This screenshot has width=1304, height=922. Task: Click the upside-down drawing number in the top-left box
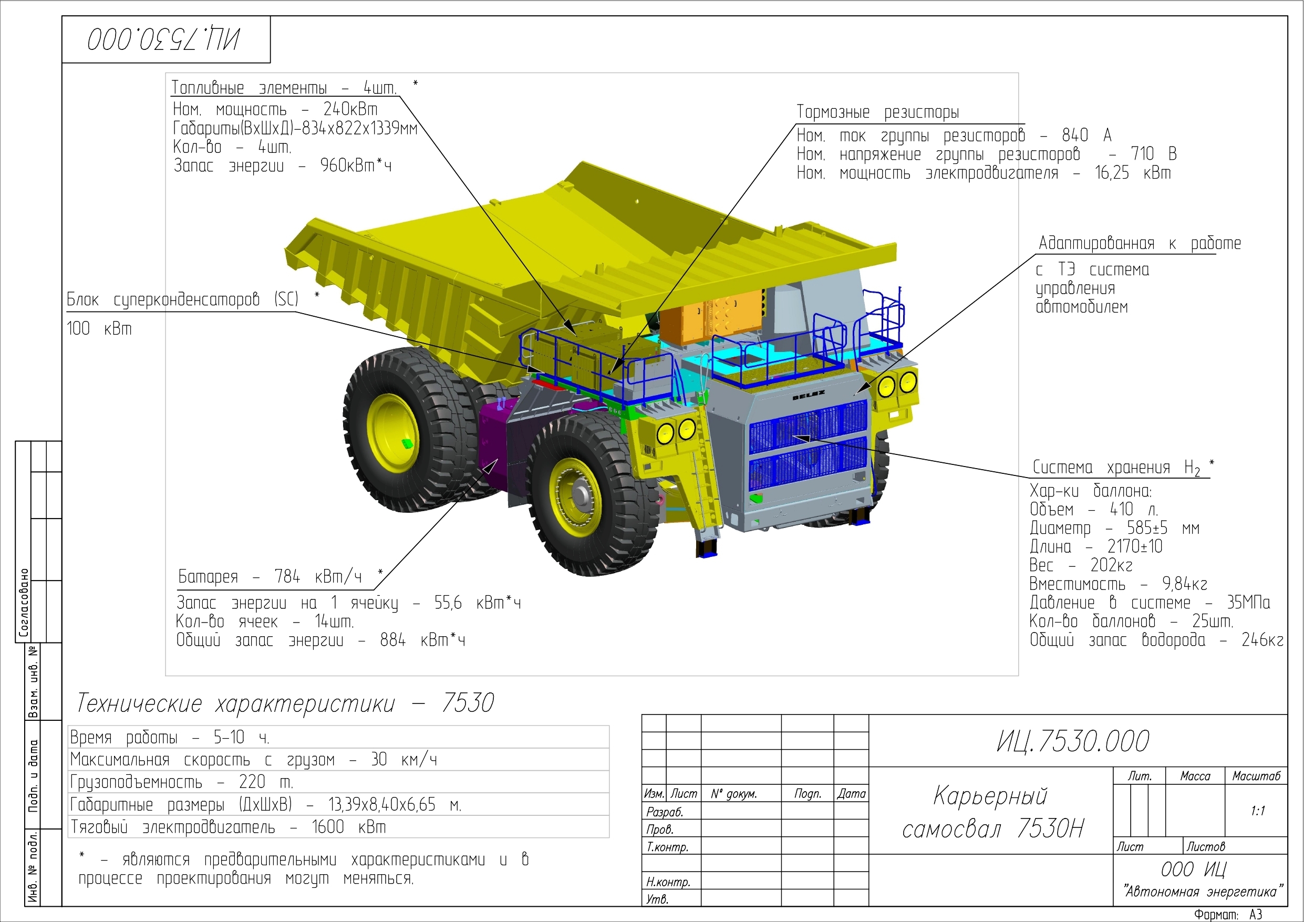[163, 39]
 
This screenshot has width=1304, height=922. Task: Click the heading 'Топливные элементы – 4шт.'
[284, 88]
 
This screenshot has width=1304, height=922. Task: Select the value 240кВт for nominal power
[350, 109]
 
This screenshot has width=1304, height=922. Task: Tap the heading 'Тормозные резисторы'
[877, 112]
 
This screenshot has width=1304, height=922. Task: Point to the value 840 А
[1086, 135]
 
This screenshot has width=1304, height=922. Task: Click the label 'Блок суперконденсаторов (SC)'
[182, 299]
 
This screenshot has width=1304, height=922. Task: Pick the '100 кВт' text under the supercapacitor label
[99, 328]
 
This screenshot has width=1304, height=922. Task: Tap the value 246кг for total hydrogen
[1262, 640]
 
